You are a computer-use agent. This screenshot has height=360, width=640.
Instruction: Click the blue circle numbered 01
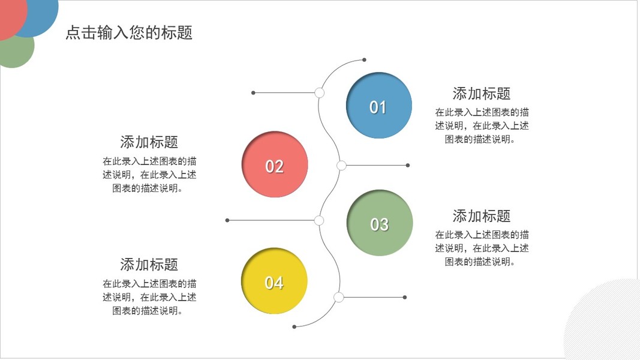(x=379, y=106)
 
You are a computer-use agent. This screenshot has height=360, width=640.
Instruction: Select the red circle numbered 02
(x=275, y=164)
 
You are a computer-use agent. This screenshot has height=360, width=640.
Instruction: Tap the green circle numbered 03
(x=380, y=223)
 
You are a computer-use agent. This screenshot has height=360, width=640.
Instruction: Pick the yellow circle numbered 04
(x=274, y=281)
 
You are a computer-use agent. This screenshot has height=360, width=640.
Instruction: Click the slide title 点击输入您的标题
(x=129, y=32)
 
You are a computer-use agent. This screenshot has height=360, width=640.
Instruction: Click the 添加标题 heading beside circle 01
(x=481, y=94)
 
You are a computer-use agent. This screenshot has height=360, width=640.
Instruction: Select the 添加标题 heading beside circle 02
(x=149, y=142)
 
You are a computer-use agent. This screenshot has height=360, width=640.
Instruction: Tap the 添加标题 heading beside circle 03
(x=481, y=216)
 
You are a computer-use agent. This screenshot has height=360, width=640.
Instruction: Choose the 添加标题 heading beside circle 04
(x=149, y=265)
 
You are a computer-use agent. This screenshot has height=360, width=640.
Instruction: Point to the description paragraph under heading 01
(x=482, y=125)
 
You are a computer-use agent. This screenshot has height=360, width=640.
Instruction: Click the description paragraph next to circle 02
(x=149, y=175)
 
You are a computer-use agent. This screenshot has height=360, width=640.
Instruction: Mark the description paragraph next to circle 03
(x=482, y=248)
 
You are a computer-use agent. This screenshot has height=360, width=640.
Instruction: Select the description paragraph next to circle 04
(x=149, y=297)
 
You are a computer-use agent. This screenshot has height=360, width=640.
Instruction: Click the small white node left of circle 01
(x=320, y=93)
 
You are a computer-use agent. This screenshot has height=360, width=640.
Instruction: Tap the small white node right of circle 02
(x=341, y=165)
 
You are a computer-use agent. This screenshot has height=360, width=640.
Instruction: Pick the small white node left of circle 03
(x=319, y=220)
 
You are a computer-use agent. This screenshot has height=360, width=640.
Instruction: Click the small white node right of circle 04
(x=339, y=297)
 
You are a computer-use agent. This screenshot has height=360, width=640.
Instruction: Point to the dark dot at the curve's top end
(x=364, y=60)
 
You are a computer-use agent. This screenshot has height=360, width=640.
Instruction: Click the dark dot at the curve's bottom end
(x=294, y=327)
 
